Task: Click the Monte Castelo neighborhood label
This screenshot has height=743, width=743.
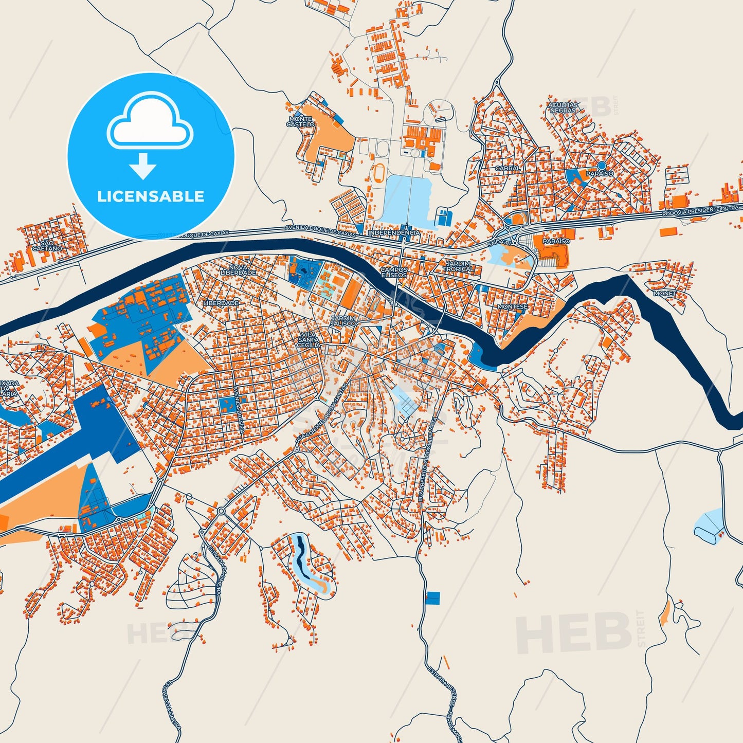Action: click(300, 121)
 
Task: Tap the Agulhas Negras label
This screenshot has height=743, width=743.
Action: click(563, 107)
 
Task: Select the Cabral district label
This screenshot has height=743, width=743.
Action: click(508, 168)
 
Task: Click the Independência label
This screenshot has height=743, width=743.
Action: click(394, 233)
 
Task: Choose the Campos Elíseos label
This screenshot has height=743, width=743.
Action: click(394, 272)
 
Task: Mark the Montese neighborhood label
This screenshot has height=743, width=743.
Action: click(512, 306)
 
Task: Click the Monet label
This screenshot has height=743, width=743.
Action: click(664, 293)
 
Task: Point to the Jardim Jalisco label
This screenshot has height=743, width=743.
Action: click(343, 321)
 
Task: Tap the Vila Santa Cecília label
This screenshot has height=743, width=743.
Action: click(309, 339)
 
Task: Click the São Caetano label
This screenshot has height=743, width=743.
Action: click(47, 245)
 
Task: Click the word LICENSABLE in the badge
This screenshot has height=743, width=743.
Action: click(151, 196)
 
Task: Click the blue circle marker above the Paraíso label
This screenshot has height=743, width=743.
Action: click(602, 165)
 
